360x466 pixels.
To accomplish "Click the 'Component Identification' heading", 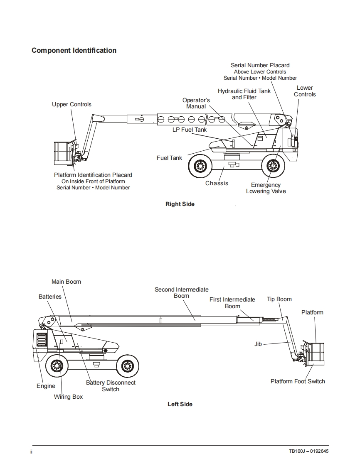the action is click(x=74, y=51).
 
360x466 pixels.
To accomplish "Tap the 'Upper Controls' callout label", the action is click(x=72, y=104).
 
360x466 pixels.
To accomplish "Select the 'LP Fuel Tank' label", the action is click(x=190, y=130).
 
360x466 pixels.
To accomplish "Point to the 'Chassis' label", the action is click(x=217, y=184).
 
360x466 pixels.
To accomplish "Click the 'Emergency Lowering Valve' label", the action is click(x=266, y=188).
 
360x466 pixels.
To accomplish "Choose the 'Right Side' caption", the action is click(x=180, y=204).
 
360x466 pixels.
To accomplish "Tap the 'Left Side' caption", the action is click(x=180, y=404).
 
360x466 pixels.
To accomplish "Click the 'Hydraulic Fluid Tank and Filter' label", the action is click(x=244, y=94).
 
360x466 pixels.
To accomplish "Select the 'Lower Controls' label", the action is click(x=305, y=91).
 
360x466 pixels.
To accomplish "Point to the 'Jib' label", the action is click(x=258, y=344).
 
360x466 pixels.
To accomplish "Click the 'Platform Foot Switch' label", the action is click(x=298, y=381).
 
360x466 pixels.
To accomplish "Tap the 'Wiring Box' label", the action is click(x=69, y=397).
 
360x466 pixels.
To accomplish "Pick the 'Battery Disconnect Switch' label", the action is click(x=111, y=386).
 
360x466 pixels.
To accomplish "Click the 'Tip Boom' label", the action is click(x=279, y=299).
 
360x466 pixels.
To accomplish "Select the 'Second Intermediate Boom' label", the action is click(x=182, y=293).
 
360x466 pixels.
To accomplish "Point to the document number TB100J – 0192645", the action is click(x=309, y=451).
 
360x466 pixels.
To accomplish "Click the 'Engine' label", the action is click(x=46, y=386).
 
